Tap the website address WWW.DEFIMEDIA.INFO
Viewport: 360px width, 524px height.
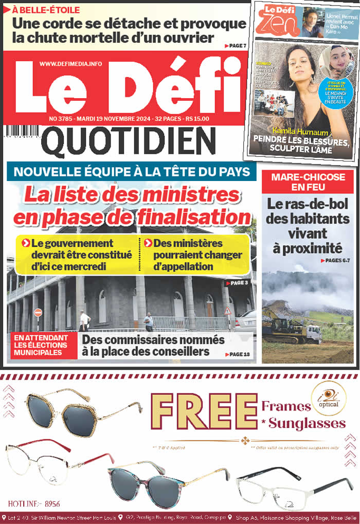(70, 64)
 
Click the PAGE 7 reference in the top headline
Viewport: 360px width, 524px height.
(236, 46)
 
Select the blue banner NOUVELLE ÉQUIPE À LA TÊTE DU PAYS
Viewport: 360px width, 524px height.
(131, 171)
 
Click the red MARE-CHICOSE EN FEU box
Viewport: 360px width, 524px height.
(308, 181)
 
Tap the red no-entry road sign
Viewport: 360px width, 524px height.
(38, 313)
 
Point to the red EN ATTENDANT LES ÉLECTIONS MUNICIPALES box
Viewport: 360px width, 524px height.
(43, 345)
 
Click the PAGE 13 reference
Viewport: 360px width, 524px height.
(237, 354)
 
